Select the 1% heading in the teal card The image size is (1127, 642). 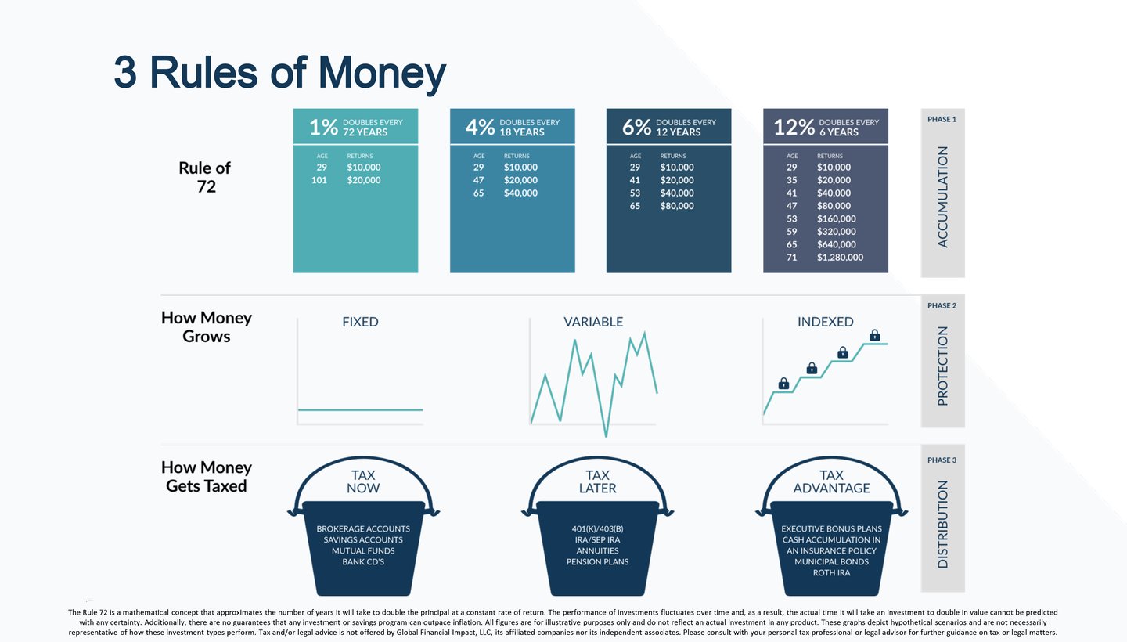coord(323,127)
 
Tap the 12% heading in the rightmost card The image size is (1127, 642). coord(794,127)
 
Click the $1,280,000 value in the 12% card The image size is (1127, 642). coord(840,257)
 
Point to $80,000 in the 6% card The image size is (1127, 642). coord(677,206)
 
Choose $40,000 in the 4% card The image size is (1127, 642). coord(520,193)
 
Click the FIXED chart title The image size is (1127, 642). coord(360,322)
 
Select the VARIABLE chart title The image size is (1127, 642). coord(593,322)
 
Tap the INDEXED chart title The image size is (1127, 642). coord(825,322)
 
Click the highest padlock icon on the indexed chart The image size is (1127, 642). coord(874,335)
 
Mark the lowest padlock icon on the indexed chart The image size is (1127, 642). coord(783,383)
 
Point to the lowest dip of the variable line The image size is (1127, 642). coord(605,435)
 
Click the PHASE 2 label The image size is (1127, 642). coord(942,305)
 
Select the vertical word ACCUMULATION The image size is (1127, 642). coord(942,197)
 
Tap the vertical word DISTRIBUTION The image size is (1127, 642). coord(942,524)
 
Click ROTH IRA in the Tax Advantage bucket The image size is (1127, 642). coord(831,573)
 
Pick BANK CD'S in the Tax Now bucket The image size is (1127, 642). coord(362,562)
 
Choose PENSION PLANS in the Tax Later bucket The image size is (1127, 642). coord(597,562)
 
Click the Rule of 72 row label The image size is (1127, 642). coord(205,178)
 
